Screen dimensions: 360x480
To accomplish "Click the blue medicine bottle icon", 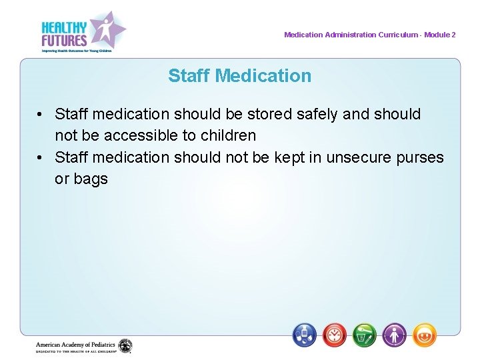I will coord(305,335).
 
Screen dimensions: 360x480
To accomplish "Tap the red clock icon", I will coord(335,335).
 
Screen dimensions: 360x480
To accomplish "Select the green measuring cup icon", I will coord(365,335).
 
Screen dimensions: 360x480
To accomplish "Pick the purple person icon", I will coord(395,335).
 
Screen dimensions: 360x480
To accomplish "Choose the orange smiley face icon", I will coord(425,335).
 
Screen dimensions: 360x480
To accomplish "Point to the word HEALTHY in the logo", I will coord(64,27).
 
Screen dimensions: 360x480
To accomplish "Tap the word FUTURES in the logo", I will coord(64,40).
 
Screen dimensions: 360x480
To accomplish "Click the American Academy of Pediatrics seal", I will coord(125,346).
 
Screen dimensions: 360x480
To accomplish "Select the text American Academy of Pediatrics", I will coord(75,345).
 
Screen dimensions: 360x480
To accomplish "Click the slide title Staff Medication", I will coord(240,76).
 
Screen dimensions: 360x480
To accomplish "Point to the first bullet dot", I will coord(41,115).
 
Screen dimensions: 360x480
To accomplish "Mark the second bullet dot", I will coord(41,158).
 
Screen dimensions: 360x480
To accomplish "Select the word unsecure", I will coord(359,157).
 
